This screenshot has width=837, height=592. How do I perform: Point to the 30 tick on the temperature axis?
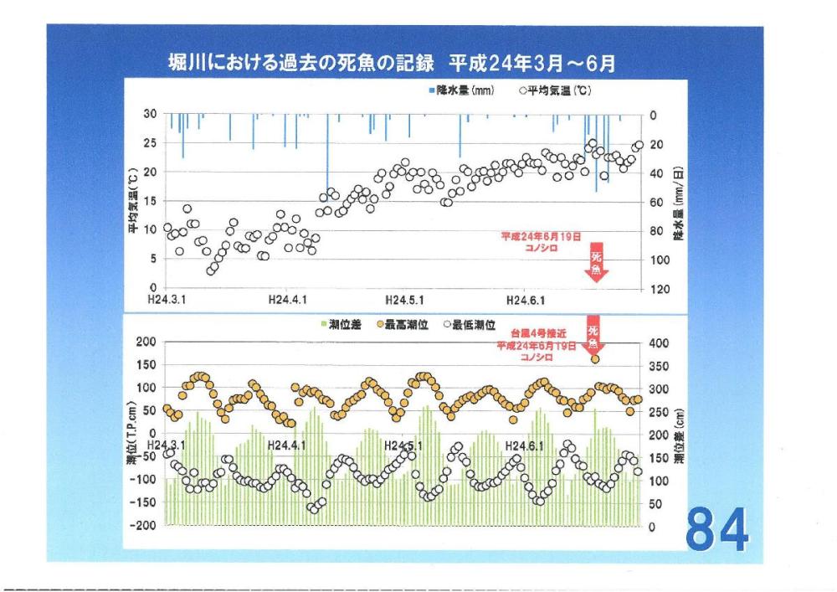[151, 115]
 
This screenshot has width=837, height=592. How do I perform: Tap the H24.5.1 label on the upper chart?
[406, 299]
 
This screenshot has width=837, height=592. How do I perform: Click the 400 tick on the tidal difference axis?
[659, 343]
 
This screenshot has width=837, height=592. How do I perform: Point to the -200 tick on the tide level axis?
[147, 526]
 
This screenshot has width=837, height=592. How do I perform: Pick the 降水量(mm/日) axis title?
[679, 201]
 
